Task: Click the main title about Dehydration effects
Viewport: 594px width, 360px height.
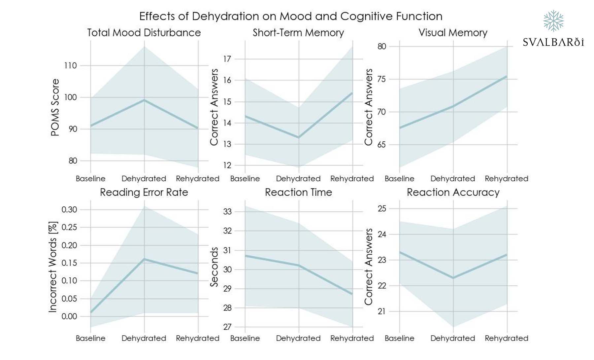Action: point(290,16)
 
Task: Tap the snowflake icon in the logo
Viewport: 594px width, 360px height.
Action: point(553,21)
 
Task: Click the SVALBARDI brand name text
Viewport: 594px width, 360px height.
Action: point(553,42)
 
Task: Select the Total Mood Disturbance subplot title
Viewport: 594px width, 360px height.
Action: point(144,33)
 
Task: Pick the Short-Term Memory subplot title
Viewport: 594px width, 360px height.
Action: point(298,33)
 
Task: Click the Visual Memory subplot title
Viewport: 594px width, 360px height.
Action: point(453,33)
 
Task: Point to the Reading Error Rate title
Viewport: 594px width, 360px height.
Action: point(144,192)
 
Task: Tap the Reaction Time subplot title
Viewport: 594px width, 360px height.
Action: point(298,192)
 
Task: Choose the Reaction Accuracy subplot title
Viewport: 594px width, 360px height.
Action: point(453,192)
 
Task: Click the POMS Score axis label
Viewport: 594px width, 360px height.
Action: point(55,107)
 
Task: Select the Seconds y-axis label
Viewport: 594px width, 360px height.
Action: point(214,267)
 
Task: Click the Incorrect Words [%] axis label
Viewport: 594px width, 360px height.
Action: point(53,267)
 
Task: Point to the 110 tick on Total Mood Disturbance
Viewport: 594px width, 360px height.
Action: point(70,66)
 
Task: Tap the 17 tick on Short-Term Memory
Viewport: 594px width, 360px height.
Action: point(227,59)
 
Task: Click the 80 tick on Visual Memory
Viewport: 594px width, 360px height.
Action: point(382,47)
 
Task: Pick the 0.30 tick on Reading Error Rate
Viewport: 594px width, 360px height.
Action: point(69,210)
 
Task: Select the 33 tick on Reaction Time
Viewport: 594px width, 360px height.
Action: point(227,212)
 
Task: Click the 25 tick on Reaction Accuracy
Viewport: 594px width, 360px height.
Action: point(382,209)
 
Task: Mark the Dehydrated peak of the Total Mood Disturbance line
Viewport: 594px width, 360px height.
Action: point(144,100)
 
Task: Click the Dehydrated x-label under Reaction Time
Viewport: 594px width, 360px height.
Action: point(298,338)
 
